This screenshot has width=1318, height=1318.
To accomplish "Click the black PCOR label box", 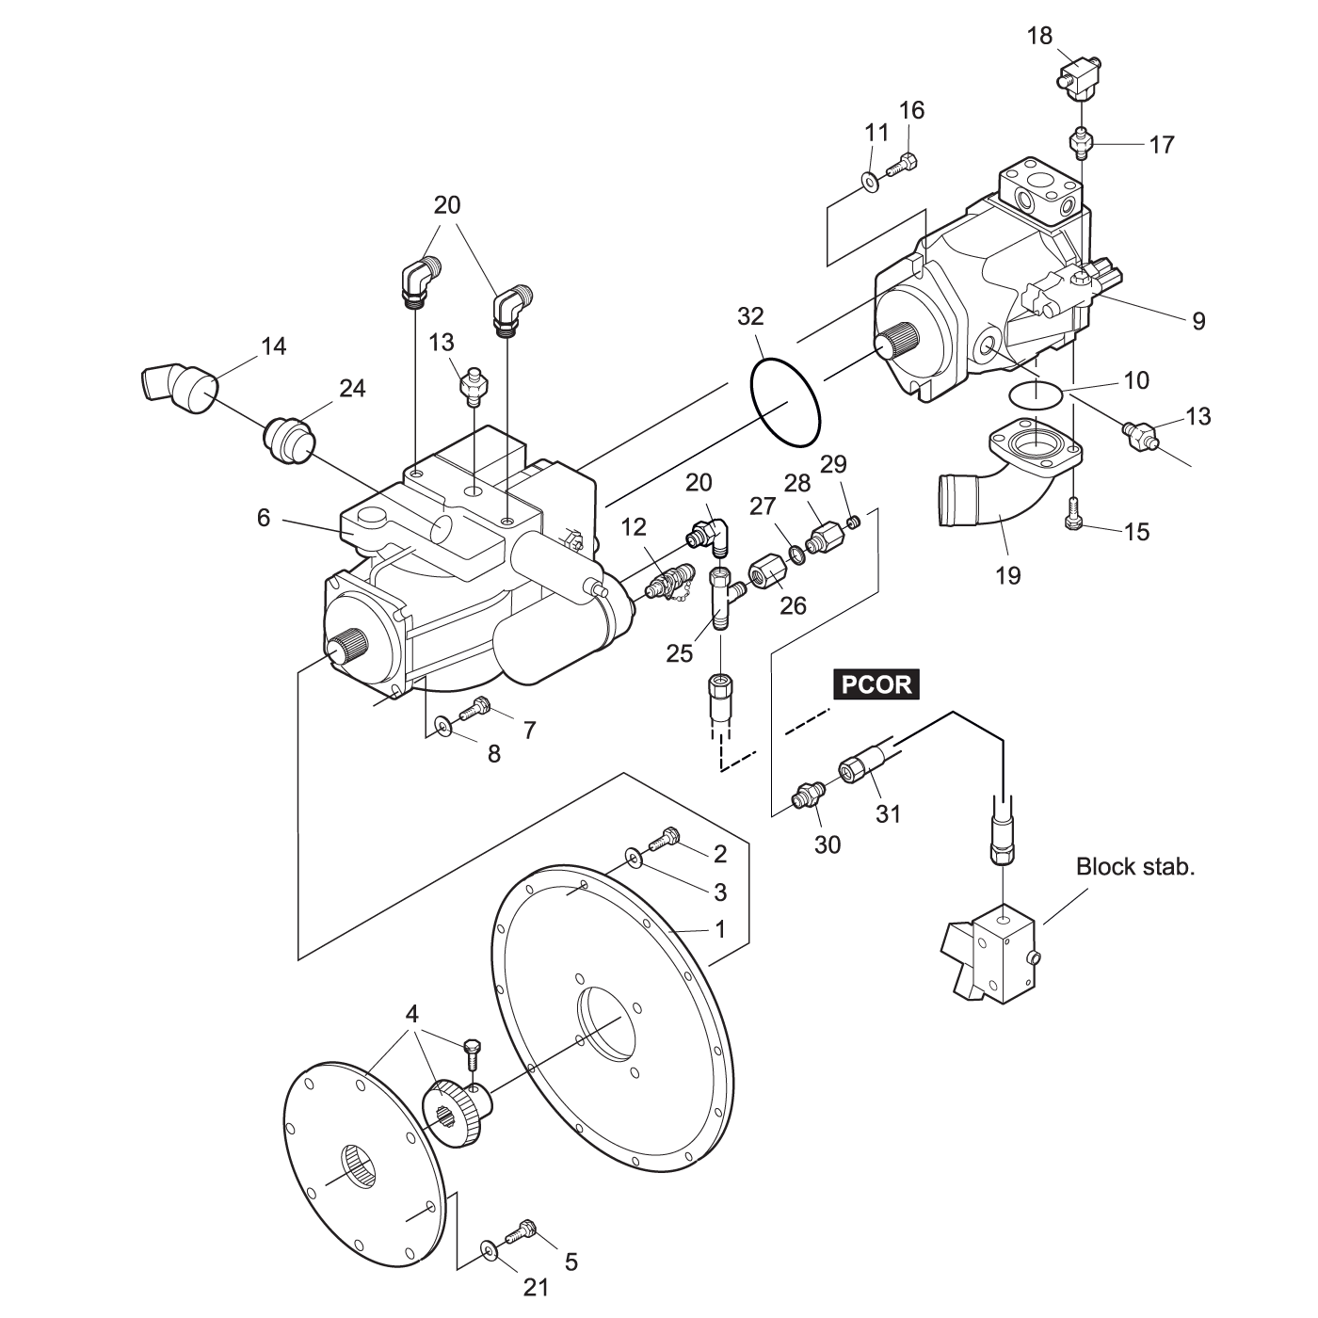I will (876, 683).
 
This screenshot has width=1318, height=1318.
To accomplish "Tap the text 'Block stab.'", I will (1134, 866).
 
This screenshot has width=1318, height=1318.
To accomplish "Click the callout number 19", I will (1007, 574).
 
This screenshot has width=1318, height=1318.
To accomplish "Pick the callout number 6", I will (264, 517).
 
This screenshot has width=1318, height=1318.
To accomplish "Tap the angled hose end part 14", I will (179, 387).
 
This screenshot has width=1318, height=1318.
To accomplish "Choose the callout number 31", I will (888, 812).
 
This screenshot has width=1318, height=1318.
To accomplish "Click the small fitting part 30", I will (808, 796).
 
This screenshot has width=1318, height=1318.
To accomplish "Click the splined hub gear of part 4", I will (457, 1114).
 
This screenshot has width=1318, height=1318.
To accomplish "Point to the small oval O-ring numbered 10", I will (1035, 393).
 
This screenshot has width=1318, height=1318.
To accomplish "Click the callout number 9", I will (1198, 321).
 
